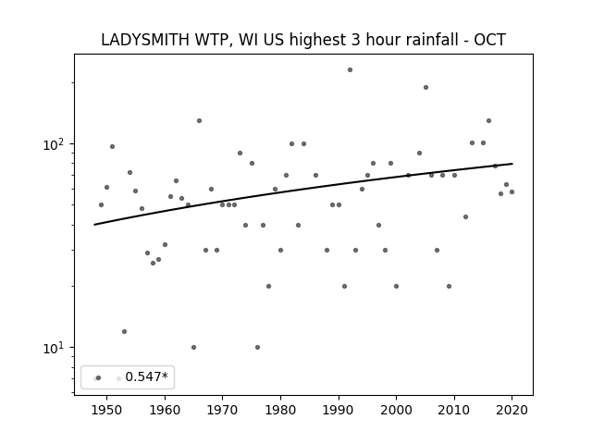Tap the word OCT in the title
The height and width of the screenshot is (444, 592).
tap(489, 40)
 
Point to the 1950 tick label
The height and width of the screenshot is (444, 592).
tap(107, 410)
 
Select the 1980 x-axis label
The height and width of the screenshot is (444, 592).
tap(280, 410)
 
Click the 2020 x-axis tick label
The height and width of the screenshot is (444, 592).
tap(512, 410)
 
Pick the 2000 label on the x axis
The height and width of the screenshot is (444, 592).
tap(397, 410)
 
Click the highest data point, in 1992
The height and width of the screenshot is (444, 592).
tap(350, 70)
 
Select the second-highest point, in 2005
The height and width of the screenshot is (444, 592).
tap(425, 87)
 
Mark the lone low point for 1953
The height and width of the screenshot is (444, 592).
tap(124, 331)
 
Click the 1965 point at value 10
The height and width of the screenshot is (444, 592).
tap(193, 348)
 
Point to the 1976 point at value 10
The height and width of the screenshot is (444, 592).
tap(257, 348)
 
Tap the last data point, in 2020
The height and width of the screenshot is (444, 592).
tap(512, 191)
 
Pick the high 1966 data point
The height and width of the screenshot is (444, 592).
tap(200, 121)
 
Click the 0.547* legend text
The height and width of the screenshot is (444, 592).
tap(146, 376)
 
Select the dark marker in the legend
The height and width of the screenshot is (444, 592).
tap(99, 377)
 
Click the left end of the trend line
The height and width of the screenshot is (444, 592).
tap(94, 225)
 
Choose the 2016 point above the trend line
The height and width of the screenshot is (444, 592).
tap(488, 121)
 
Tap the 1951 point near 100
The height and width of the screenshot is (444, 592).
tap(112, 146)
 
